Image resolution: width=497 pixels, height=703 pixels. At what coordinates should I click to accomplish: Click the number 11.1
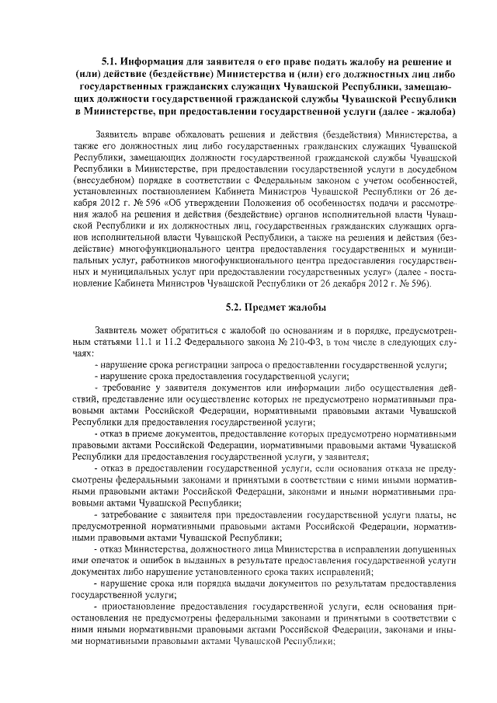pyautogui.click(x=146, y=342)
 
